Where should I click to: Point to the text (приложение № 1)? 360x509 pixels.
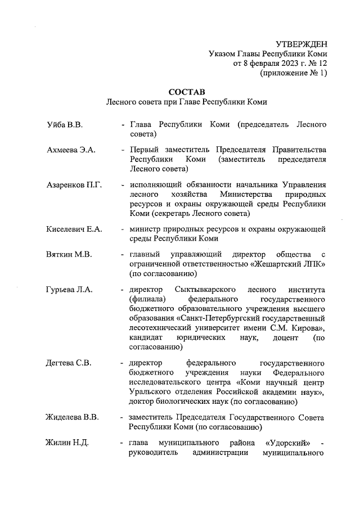click(x=292, y=73)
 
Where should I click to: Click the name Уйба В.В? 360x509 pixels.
click(x=65, y=124)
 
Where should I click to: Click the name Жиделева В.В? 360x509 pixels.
click(x=73, y=417)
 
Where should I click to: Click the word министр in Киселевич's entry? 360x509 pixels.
click(x=145, y=228)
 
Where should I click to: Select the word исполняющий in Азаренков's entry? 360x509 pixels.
click(x=154, y=184)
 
